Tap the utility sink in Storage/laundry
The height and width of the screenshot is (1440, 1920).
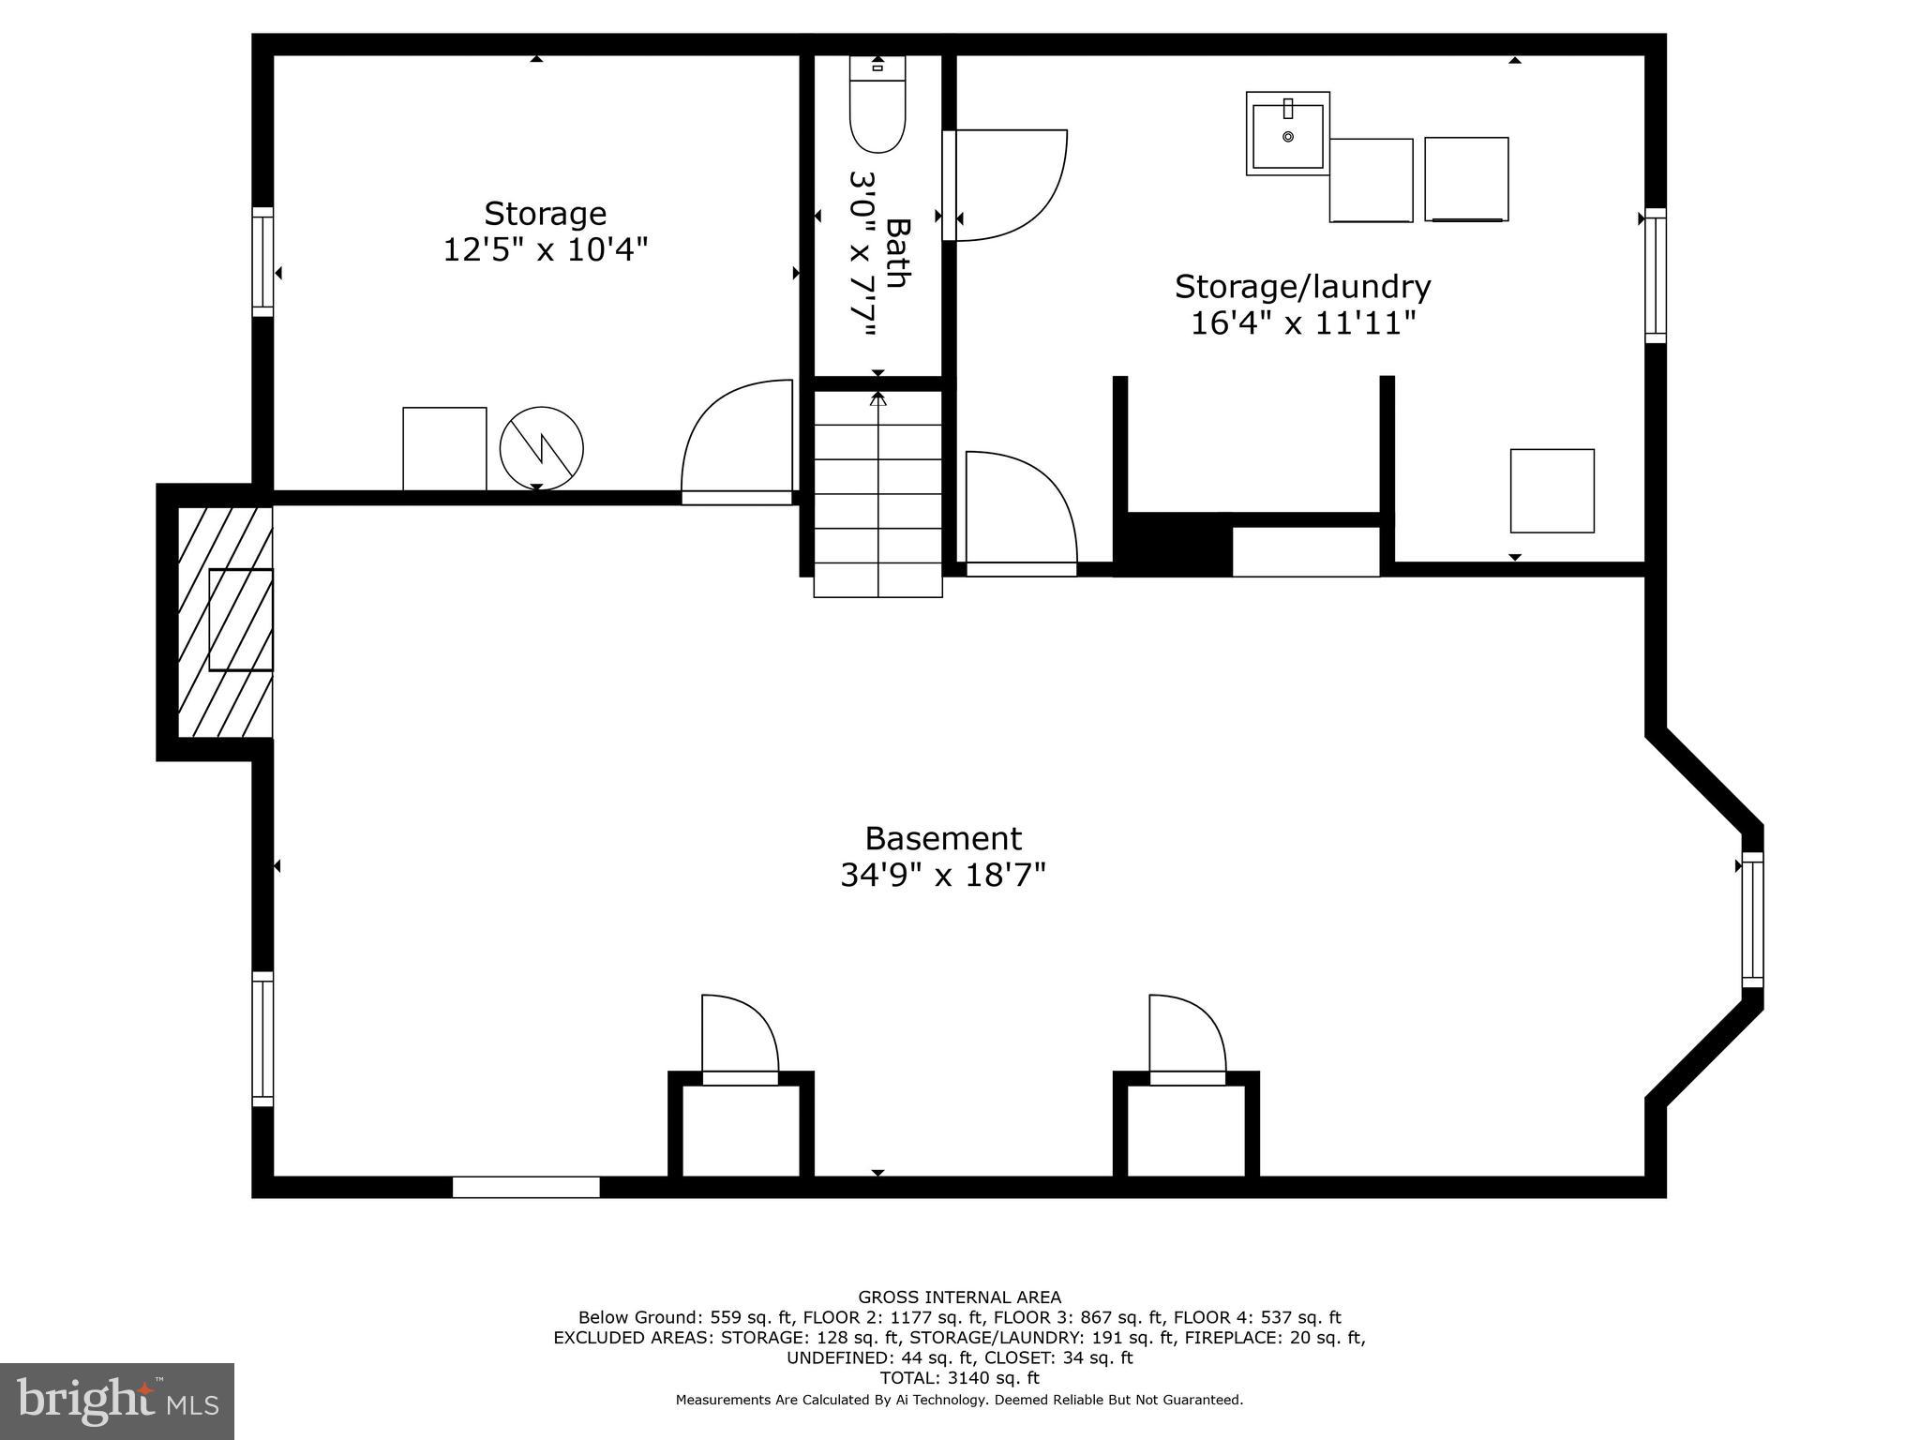pyautogui.click(x=1287, y=134)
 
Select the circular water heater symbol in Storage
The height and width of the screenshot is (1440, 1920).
pyautogui.click(x=542, y=448)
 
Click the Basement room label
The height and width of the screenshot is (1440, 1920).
pyautogui.click(x=943, y=837)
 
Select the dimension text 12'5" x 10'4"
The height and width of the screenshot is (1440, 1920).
pyautogui.click(x=546, y=250)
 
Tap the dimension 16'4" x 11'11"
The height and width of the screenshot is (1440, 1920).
pyautogui.click(x=1302, y=323)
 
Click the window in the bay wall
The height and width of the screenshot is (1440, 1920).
pyautogui.click(x=1752, y=919)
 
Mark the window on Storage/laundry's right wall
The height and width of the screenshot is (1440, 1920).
pyautogui.click(x=1656, y=275)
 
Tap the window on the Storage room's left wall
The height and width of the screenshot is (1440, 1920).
pyautogui.click(x=262, y=262)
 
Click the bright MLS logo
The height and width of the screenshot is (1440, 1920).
pyautogui.click(x=117, y=1401)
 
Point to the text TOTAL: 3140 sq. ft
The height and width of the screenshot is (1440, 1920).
pyautogui.click(x=959, y=1378)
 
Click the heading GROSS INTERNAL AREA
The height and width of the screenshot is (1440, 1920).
pyautogui.click(x=959, y=1297)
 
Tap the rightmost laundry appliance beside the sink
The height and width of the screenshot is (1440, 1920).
pyautogui.click(x=1466, y=179)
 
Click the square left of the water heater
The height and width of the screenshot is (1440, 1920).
pyautogui.click(x=444, y=448)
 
